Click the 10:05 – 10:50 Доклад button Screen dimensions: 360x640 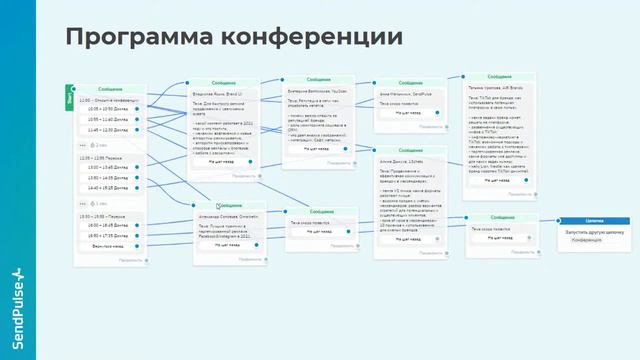[x=108, y=108]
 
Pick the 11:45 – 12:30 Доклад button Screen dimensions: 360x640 [x=108, y=130]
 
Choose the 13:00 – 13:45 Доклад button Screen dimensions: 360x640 [x=108, y=167]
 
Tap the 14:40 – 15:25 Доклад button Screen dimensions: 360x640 [x=108, y=187]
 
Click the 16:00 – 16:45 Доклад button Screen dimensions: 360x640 [x=108, y=225]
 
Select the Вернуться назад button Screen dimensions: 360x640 [x=108, y=245]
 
